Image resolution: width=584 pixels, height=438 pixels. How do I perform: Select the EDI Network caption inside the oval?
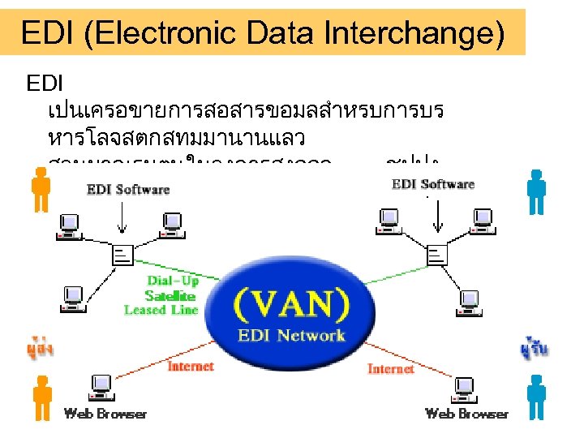291,335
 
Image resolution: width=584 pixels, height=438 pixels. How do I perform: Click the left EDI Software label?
129,189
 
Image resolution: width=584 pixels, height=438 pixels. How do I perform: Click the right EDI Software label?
433,184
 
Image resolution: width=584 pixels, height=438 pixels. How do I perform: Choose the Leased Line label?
161,310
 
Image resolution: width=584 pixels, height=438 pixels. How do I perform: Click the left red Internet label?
191,366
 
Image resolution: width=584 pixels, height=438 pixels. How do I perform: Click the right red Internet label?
391,368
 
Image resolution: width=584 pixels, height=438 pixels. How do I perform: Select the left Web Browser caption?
105,414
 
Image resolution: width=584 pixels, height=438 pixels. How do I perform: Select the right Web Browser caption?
467,414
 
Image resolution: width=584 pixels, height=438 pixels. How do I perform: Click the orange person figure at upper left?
40,190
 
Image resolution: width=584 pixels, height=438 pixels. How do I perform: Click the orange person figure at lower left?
41,397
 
